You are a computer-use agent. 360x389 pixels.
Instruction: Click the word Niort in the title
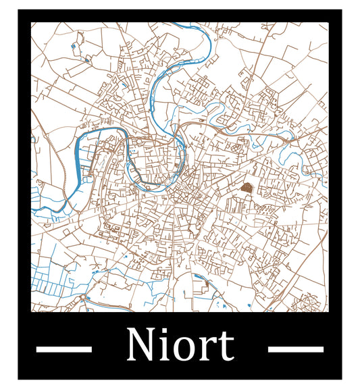click(x=180, y=345)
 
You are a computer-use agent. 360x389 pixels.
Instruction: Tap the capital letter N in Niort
click(x=140, y=345)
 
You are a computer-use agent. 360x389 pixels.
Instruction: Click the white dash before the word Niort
click(x=63, y=349)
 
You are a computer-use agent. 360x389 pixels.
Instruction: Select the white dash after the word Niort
click(x=295, y=349)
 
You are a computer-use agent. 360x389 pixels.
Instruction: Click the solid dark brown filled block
click(x=247, y=187)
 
